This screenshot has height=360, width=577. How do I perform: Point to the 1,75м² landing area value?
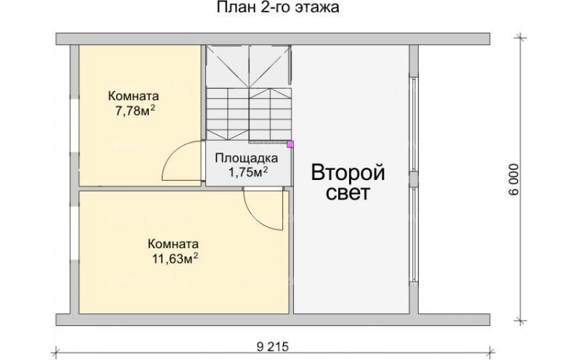tap(248, 172)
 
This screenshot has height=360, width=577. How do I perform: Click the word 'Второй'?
tap(348, 173)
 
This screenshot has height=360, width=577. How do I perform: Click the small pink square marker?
tap(290, 144)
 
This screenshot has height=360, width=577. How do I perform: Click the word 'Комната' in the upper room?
tap(134, 97)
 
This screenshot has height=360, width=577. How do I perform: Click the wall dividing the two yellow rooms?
tap(138, 188)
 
